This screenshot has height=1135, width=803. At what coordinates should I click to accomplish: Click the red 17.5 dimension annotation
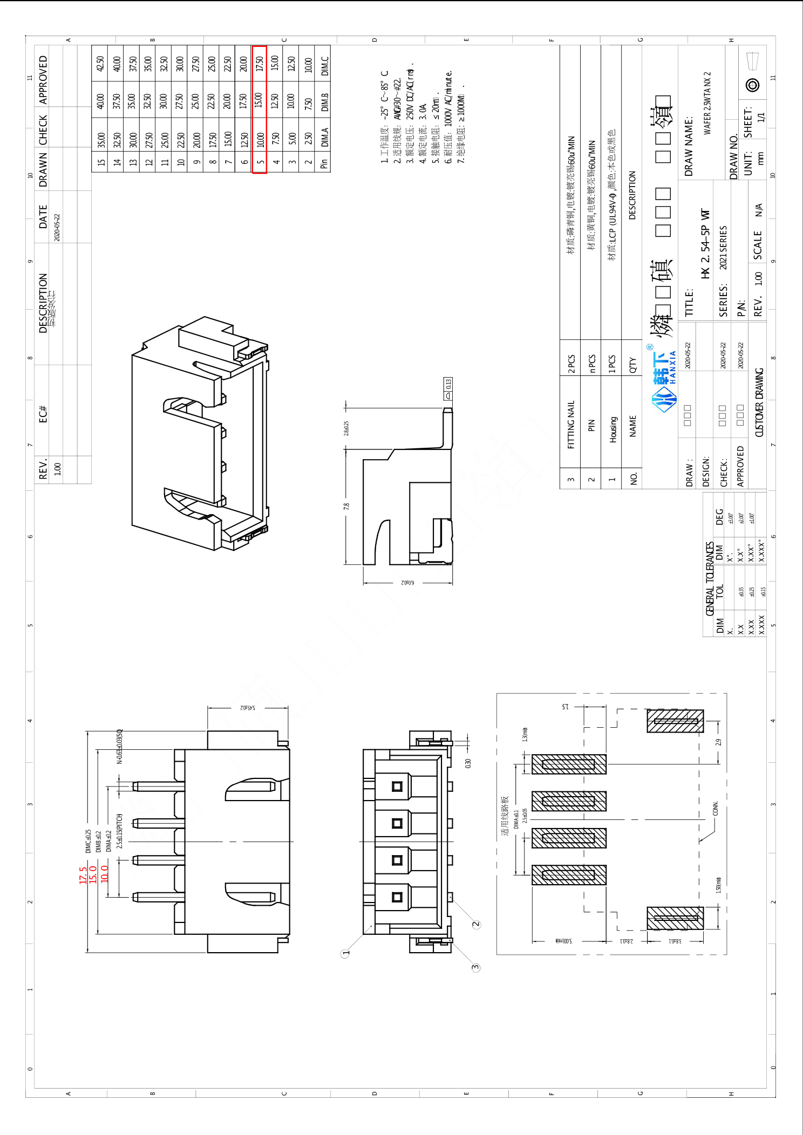point(83,874)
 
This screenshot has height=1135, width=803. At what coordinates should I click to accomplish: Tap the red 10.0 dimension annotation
point(104,873)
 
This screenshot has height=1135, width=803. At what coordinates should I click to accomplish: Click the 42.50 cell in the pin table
point(100,64)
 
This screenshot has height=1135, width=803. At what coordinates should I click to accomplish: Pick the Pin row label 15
point(101,162)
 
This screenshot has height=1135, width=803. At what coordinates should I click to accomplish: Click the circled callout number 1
point(346,953)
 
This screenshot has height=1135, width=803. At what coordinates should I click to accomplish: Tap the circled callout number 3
point(475,967)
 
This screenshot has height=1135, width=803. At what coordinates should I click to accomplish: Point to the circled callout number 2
point(476,924)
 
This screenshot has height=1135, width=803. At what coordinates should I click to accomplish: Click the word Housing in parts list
point(613,429)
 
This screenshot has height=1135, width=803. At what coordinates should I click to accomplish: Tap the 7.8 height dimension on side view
point(346,506)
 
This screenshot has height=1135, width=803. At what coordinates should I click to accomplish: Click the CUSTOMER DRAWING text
point(759,402)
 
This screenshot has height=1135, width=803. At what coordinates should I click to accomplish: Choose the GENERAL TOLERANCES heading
point(710,578)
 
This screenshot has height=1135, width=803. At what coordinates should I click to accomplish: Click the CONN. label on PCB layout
point(716,808)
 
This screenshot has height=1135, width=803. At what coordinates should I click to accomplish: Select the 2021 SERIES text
point(723,247)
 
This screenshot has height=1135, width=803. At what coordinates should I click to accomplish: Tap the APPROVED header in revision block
point(43,79)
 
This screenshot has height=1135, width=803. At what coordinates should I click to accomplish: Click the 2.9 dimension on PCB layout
point(718,742)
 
